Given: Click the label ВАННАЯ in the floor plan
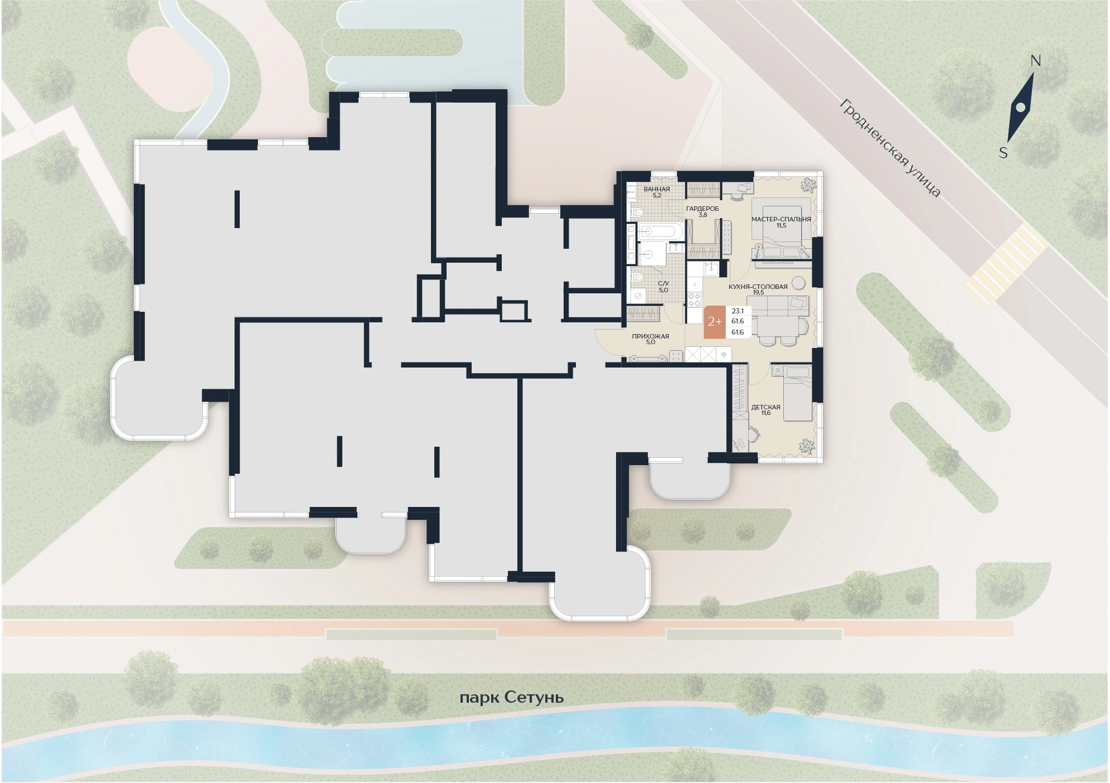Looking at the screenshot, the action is click(657, 189).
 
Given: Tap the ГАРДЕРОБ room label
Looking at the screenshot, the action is click(702, 209).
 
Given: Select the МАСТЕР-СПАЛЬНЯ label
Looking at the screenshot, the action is click(781, 219).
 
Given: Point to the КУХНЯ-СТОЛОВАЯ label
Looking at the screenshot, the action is click(758, 287).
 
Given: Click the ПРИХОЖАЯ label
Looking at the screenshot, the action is click(651, 336).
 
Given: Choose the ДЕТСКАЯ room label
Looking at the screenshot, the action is click(765, 407).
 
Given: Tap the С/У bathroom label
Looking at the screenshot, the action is click(663, 284).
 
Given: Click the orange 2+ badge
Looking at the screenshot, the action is click(715, 322).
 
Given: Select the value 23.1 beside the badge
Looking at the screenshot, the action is click(738, 311).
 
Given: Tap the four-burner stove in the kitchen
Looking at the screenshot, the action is click(695, 300).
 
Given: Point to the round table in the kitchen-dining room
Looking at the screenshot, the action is click(799, 282).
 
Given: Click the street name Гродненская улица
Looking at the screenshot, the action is click(890, 148).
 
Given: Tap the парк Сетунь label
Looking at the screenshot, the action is click(512, 698).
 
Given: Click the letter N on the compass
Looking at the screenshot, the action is click(1036, 61).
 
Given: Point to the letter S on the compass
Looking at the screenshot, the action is click(1004, 152).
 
